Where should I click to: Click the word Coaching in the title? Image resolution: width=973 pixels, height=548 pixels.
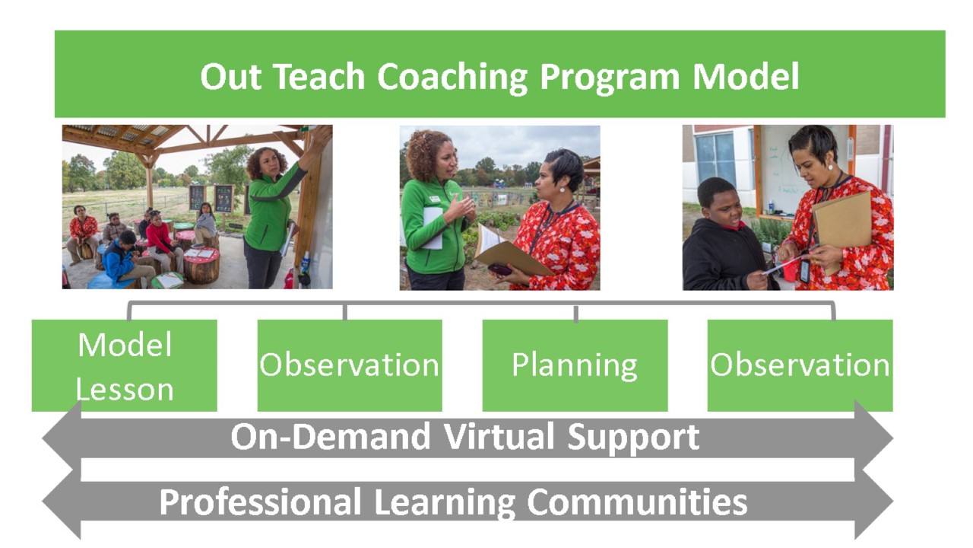tap(452, 78)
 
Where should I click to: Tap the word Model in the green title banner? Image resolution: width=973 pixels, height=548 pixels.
tap(746, 77)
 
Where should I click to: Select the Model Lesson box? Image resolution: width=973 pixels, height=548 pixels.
tap(124, 365)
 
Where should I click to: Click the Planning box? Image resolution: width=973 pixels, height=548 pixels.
tap(575, 365)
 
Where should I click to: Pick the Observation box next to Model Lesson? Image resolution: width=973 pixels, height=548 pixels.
tap(350, 365)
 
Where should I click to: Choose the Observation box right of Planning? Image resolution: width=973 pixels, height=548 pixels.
tap(800, 365)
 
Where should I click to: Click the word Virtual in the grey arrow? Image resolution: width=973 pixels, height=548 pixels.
tap(499, 436)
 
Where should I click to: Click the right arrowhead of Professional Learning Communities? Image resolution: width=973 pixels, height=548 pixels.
tap(873, 501)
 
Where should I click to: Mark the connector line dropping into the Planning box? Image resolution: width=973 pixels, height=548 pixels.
tap(576, 313)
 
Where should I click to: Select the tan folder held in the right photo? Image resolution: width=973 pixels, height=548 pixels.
tap(843, 226)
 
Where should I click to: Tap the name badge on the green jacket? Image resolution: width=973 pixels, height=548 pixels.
tap(435, 199)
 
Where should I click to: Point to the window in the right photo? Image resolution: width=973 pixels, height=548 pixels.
tap(716, 160)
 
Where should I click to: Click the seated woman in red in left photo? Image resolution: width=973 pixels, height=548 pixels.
tap(83, 233)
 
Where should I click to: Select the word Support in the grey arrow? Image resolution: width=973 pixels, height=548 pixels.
tap(633, 438)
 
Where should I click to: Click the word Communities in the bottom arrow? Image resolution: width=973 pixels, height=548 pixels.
tap(637, 502)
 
